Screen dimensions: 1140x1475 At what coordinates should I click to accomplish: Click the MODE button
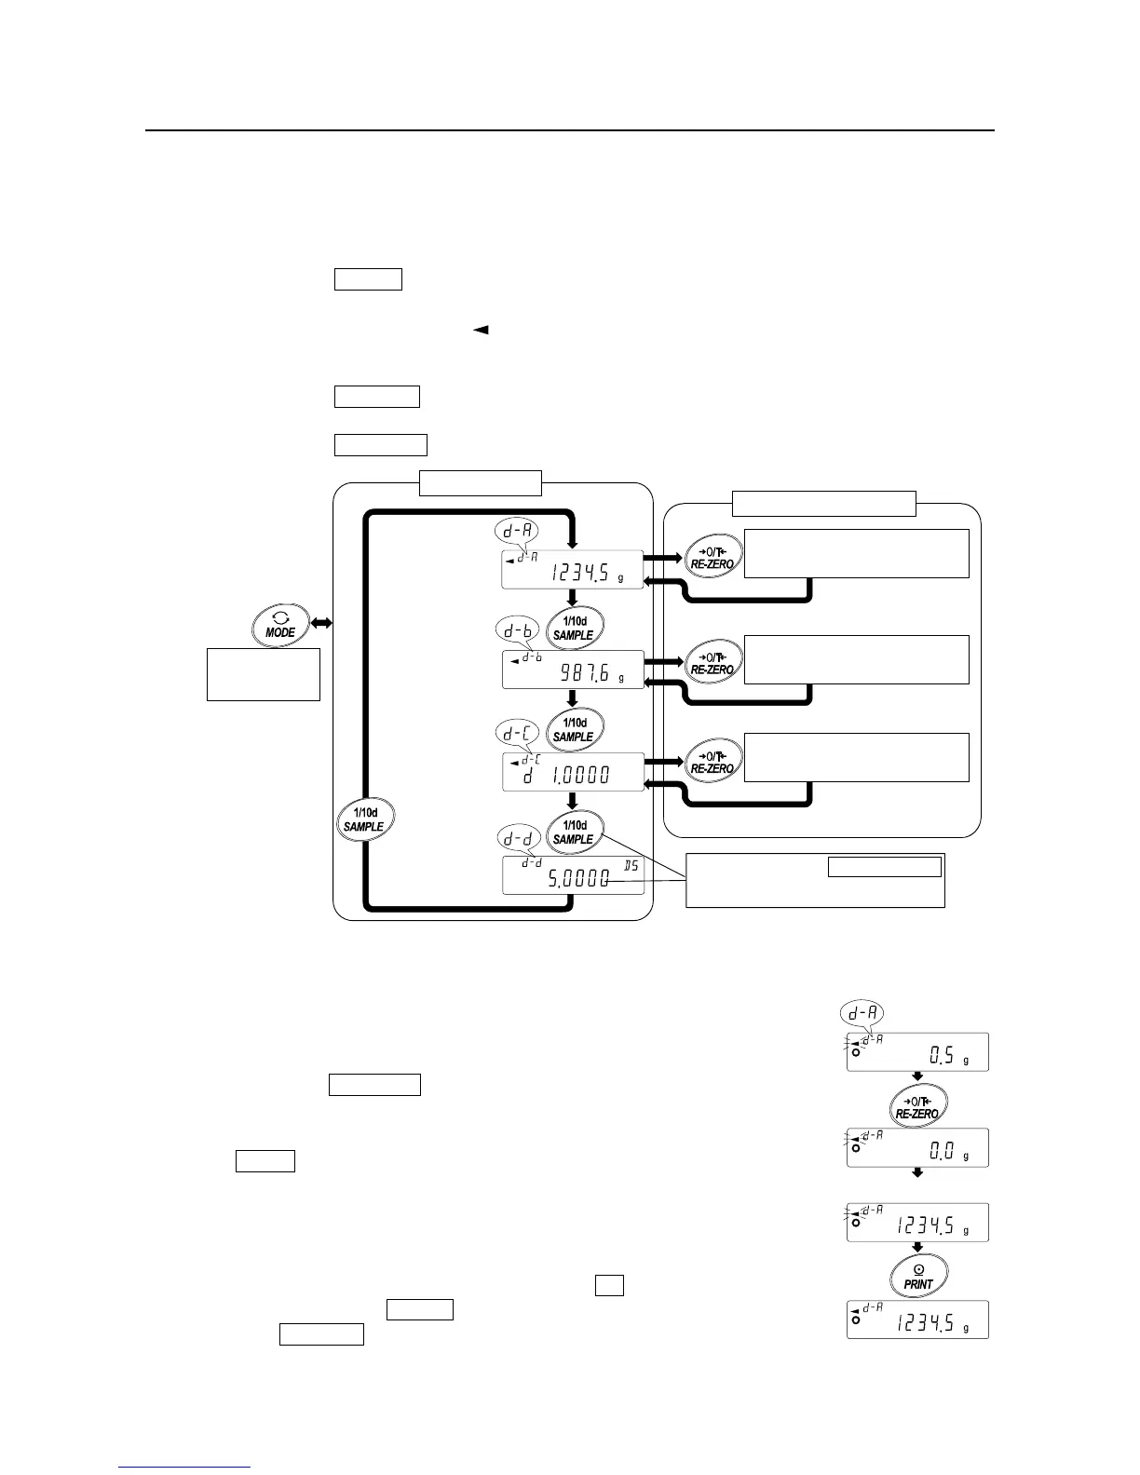click(280, 626)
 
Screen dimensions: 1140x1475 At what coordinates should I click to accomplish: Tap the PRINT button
click(917, 1276)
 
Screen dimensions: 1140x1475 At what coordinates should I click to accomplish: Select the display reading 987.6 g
click(572, 670)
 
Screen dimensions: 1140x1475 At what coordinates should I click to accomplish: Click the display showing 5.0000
click(572, 876)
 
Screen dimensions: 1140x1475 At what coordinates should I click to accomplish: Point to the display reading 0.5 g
click(917, 1052)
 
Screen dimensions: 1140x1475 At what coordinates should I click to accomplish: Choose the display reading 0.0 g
click(917, 1148)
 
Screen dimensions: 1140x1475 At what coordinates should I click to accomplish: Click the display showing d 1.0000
click(572, 773)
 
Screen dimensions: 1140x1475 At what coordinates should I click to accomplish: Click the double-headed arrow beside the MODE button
click(322, 621)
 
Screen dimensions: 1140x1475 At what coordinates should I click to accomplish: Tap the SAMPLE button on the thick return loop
click(364, 819)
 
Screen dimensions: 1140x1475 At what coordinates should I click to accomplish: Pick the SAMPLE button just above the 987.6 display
click(573, 628)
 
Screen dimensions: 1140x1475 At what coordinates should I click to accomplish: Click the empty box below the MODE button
click(263, 674)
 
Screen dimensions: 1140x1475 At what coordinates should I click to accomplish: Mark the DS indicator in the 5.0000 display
click(631, 866)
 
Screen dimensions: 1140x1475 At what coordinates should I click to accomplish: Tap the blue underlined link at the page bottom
click(184, 1468)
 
